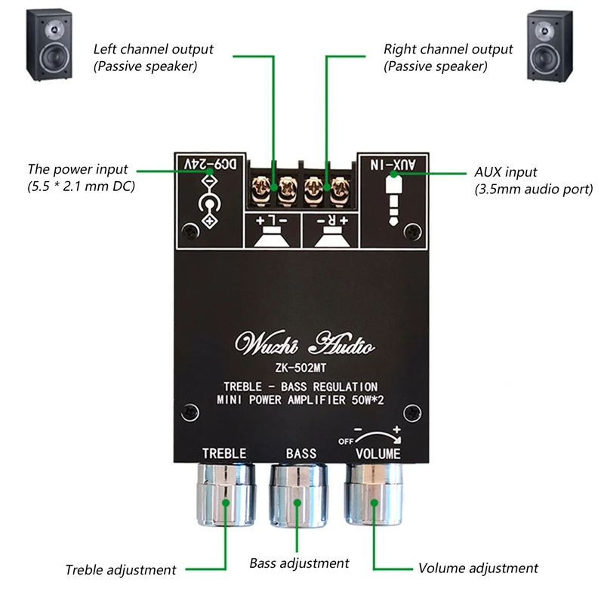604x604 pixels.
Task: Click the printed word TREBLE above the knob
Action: [x=223, y=453]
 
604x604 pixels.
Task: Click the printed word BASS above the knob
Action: [x=300, y=453]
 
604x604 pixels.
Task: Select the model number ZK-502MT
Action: [x=304, y=369]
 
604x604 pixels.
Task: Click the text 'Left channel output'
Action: [x=153, y=49]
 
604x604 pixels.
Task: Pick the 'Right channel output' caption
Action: [x=448, y=49]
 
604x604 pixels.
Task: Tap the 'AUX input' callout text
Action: [x=507, y=172]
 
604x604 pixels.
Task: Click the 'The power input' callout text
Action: [x=78, y=169]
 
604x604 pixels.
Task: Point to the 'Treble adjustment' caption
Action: [x=121, y=570]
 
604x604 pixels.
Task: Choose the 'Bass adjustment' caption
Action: [x=300, y=563]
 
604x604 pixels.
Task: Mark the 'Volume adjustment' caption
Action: [x=478, y=568]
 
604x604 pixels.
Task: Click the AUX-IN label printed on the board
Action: [x=395, y=162]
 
